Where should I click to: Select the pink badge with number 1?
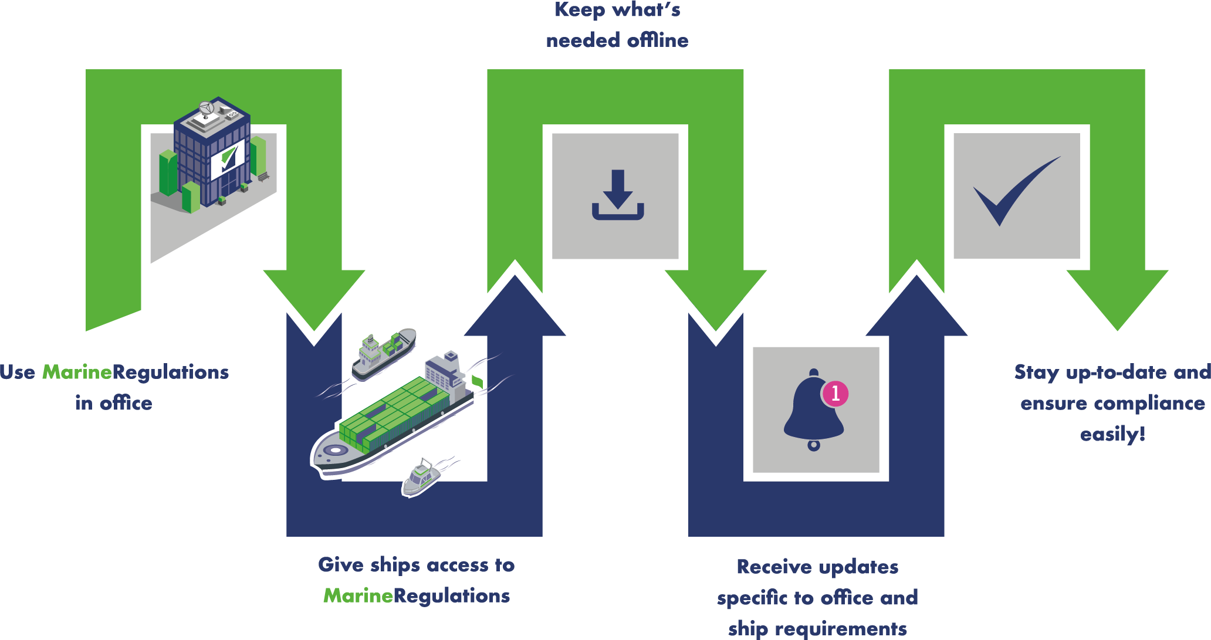pyautogui.click(x=835, y=394)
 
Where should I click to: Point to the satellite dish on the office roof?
pyautogui.click(x=206, y=109)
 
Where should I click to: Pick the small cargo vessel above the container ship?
pyautogui.click(x=383, y=352)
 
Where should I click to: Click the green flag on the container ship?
pyautogui.click(x=478, y=381)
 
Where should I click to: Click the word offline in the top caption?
pyautogui.click(x=658, y=40)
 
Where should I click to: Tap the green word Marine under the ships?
pyautogui.click(x=358, y=596)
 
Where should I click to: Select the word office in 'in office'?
pyautogui.click(x=126, y=404)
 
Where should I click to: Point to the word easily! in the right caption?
pyautogui.click(x=1112, y=435)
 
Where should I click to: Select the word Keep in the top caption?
pyautogui.click(x=580, y=11)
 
